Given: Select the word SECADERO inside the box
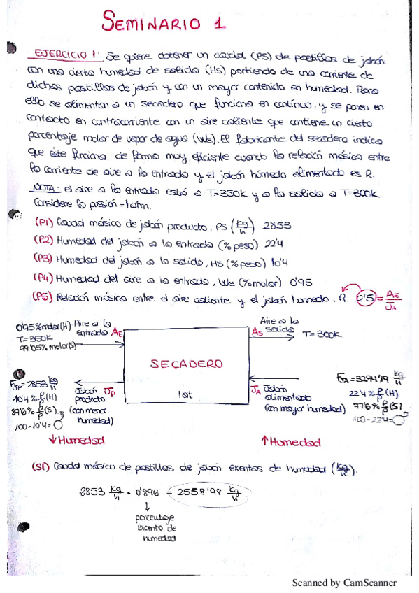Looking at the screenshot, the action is coord(187,364).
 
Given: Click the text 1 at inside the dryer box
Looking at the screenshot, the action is coord(185,395).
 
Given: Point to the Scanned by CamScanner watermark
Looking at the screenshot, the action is coord(343,583).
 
